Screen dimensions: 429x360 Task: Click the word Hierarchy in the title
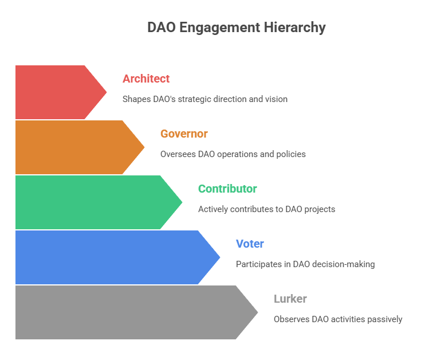(294, 28)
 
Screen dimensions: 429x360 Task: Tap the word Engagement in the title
(220, 28)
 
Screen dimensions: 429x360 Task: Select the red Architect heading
(146, 79)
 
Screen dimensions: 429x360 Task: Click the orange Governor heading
(184, 134)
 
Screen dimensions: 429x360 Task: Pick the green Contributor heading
(227, 189)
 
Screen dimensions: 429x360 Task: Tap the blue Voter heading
(250, 244)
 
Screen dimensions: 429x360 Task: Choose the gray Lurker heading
(290, 299)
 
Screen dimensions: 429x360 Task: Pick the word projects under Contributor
(320, 209)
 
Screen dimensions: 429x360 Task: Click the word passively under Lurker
(385, 319)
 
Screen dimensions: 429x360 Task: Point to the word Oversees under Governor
(178, 154)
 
